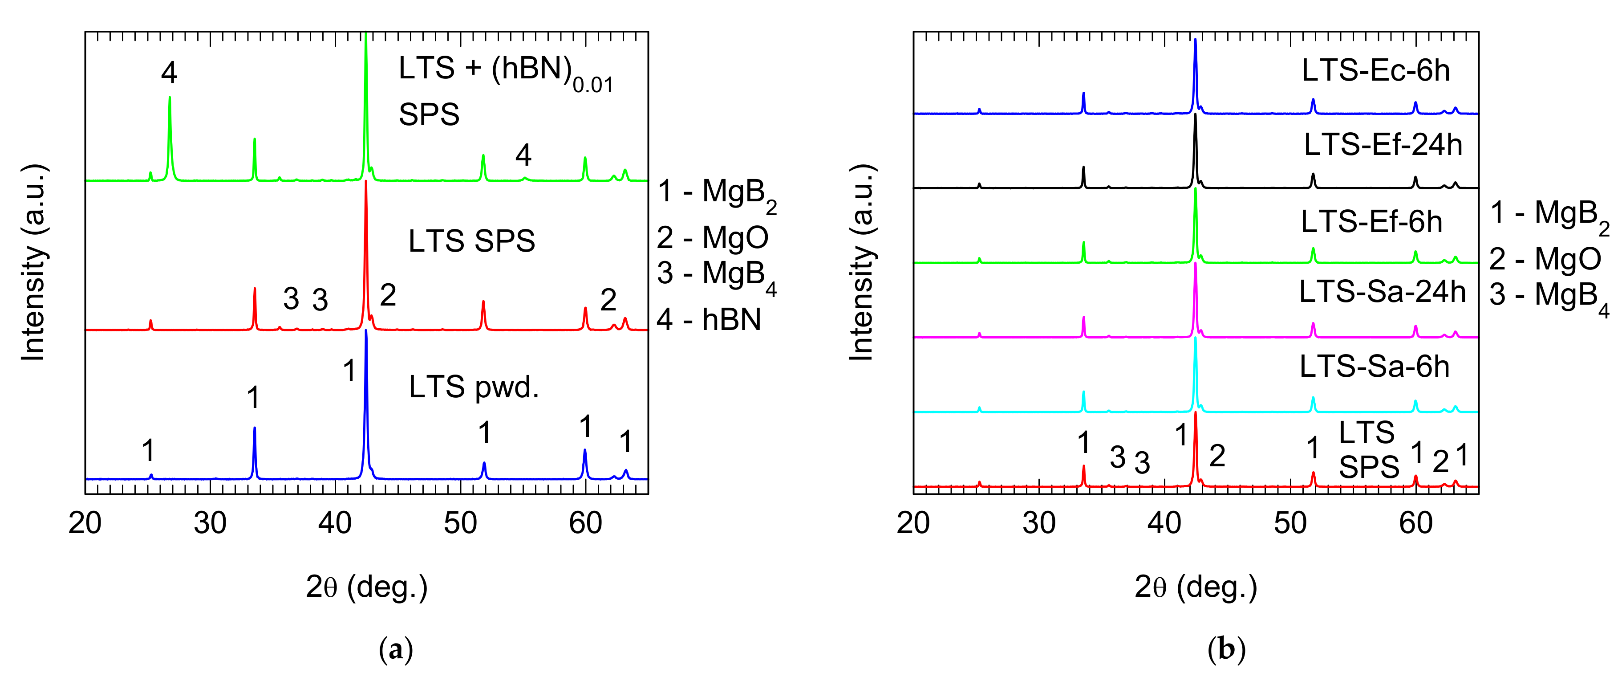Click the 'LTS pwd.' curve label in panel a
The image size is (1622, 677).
pos(474,387)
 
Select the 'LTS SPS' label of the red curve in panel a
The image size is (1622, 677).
pos(472,241)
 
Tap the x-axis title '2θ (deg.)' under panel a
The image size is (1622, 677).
pos(366,587)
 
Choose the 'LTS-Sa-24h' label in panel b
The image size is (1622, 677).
pos(1382,292)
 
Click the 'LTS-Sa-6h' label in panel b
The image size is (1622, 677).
pos(1374,367)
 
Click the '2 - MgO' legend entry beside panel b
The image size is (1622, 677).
pos(1545,259)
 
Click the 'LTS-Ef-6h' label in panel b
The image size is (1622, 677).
pos(1371,222)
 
